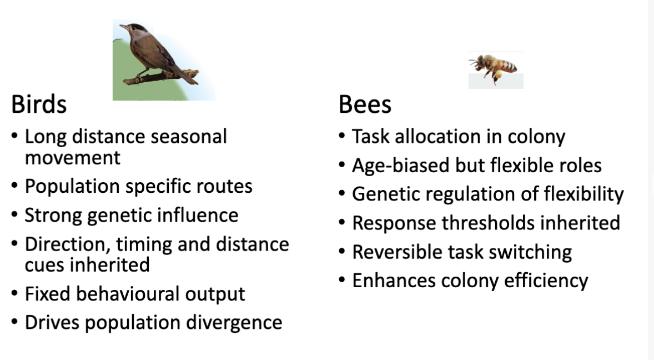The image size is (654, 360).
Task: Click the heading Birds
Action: pos(39,104)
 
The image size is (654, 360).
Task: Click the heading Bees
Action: pos(365,104)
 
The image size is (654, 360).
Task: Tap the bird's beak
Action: pos(123,27)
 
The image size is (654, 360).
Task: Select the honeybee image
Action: pos(495,69)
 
